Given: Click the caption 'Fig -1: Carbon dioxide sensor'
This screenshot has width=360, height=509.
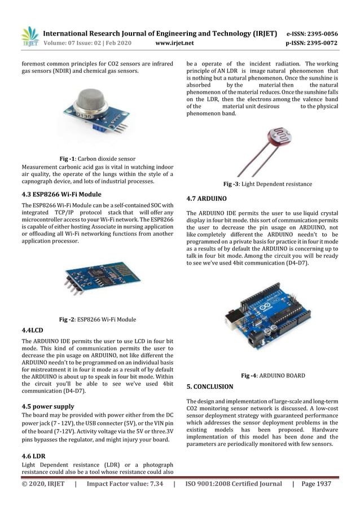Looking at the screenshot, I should pyautogui.click(x=98, y=159).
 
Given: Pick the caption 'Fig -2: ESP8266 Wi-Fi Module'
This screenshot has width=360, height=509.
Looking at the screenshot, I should pyautogui.click(x=98, y=319).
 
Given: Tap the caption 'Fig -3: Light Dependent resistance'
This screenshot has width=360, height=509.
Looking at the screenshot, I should pyautogui.click(x=267, y=184).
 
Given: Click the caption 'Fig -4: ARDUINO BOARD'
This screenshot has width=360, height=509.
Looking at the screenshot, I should pyautogui.click(x=273, y=375).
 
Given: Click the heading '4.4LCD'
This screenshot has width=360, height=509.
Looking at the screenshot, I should pyautogui.click(x=32, y=330).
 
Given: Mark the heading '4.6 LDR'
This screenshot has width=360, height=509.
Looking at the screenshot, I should pyautogui.click(x=34, y=454).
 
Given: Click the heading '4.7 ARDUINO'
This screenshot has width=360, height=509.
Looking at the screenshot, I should pyautogui.click(x=207, y=199).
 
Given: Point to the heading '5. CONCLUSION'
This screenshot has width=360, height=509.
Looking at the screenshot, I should pyautogui.click(x=209, y=387).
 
